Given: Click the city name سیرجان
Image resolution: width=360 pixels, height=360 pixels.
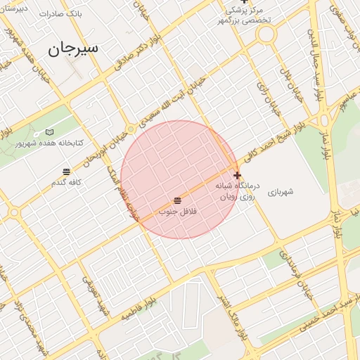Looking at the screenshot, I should pyautogui.click(x=73, y=49).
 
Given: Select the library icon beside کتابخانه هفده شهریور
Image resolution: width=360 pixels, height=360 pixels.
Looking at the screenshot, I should pyautogui.click(x=49, y=131).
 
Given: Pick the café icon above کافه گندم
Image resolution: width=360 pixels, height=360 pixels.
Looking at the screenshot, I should pyautogui.click(x=66, y=172).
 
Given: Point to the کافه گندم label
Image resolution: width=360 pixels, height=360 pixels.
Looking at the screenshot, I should pyautogui.click(x=67, y=183).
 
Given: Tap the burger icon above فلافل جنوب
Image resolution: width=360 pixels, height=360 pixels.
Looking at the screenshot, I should pyautogui.click(x=176, y=201).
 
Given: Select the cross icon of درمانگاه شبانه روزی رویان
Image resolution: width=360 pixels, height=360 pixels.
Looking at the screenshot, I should pyautogui.click(x=237, y=176).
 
